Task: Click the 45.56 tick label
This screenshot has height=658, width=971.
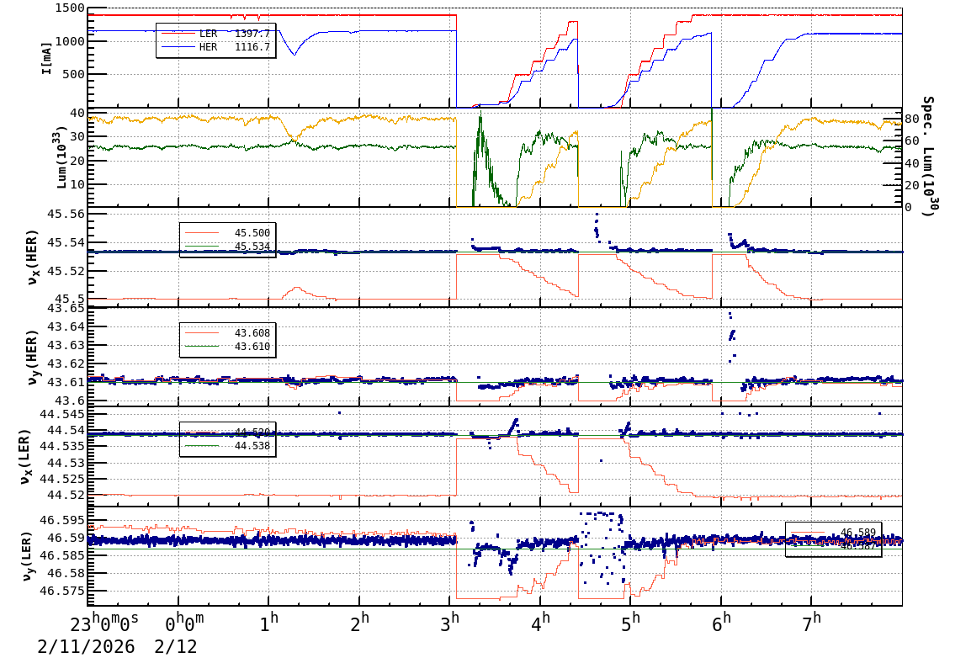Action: tap(66, 215)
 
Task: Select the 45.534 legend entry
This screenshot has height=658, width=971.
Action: tap(252, 247)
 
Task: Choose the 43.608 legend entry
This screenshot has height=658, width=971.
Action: tap(252, 334)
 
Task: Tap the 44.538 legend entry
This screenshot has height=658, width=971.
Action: tap(252, 446)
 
